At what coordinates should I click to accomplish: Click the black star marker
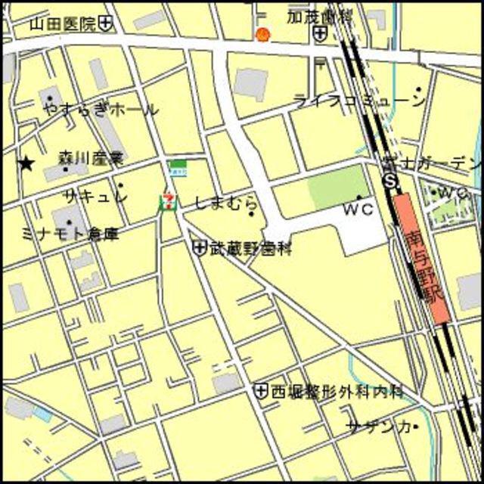pos(27,163)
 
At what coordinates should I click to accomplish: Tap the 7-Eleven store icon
pos(166,201)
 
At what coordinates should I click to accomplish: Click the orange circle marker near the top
pos(262,34)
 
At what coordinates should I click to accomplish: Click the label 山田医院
pos(63,23)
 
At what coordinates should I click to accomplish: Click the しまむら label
pos(225,203)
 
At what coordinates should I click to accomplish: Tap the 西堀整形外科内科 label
pos(337,391)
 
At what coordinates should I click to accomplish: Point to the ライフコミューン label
pos(359,101)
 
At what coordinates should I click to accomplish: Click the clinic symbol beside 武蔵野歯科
pos(200,247)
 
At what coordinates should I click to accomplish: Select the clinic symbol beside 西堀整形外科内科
pos(261,391)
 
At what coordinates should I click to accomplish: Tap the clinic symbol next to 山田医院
pos(106,23)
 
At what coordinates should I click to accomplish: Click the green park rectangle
pos(338,185)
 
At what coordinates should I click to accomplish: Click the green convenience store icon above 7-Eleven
pos(178,167)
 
